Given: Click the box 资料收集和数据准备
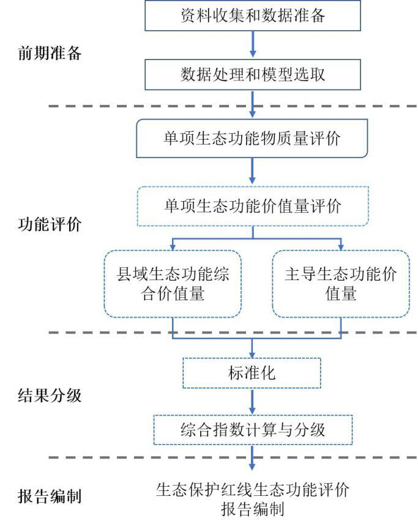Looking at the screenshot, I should click(x=252, y=15).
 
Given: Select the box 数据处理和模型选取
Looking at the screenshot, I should click(x=252, y=74).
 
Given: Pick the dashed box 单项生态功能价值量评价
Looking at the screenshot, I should click(x=252, y=206).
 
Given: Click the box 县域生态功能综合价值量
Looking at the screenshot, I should click(x=173, y=284).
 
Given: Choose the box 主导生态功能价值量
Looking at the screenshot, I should click(x=340, y=284).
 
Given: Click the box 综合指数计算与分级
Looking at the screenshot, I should click(x=252, y=429).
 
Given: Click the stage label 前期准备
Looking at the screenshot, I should click(x=49, y=53).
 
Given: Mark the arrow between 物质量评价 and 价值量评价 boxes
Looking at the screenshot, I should click(x=252, y=171).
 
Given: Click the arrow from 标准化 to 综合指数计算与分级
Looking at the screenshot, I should click(x=252, y=401).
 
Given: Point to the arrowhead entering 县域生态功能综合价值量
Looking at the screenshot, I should click(x=173, y=245).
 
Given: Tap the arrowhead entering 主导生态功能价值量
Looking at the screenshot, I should click(x=340, y=245).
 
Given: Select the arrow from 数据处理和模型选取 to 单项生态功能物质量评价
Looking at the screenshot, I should click(x=252, y=104).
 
